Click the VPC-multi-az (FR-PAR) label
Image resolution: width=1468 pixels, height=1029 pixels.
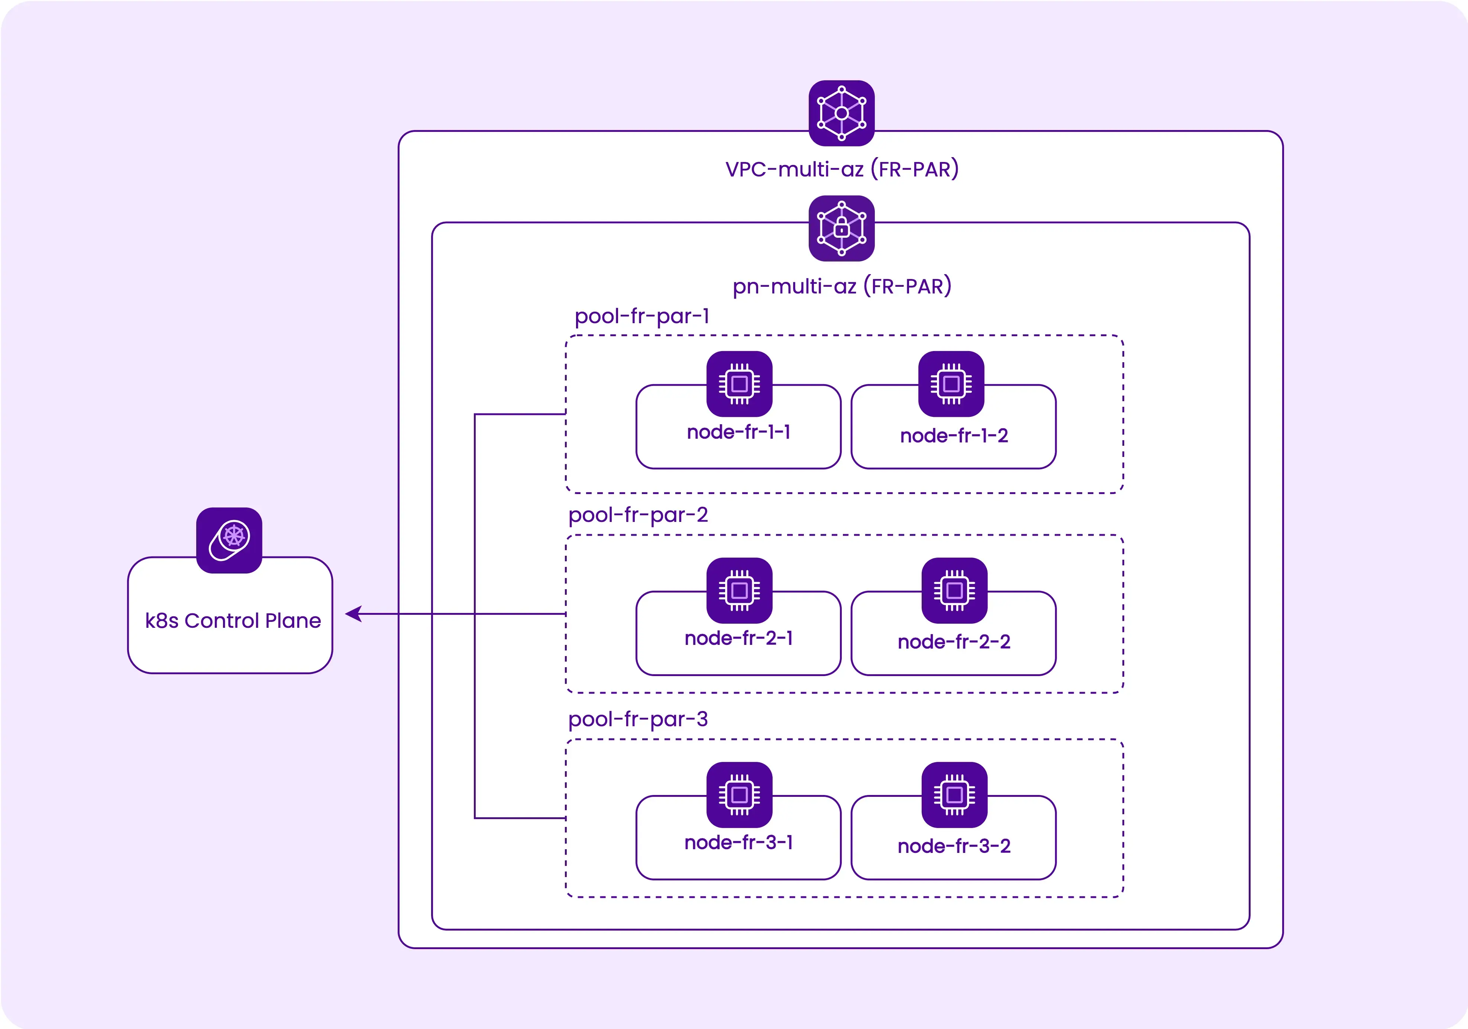pyautogui.click(x=841, y=169)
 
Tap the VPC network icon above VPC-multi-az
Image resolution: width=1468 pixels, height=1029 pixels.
pyautogui.click(x=841, y=113)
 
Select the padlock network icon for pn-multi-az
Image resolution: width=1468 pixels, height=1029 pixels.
pyautogui.click(x=841, y=228)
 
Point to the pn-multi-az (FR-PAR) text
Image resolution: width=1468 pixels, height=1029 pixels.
pyautogui.click(x=841, y=286)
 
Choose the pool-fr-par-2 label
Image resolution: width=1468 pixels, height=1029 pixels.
pyautogui.click(x=638, y=515)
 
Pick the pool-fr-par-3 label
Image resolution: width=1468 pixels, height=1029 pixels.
pyautogui.click(x=638, y=720)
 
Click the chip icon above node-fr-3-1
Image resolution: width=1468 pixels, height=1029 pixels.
pyautogui.click(x=739, y=795)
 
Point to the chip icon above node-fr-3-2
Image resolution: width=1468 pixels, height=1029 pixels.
pyautogui.click(x=954, y=795)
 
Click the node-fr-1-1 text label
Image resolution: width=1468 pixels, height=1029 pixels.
pyautogui.click(x=738, y=433)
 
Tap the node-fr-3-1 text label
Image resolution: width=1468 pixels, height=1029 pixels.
pyautogui.click(x=738, y=843)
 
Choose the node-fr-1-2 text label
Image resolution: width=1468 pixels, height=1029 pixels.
pyautogui.click(x=954, y=436)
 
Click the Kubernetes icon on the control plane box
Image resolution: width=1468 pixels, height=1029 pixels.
pyautogui.click(x=229, y=540)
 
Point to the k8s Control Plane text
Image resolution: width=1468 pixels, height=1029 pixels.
pyautogui.click(x=233, y=621)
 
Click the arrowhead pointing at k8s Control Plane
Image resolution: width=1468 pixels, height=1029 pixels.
pyautogui.click(x=353, y=614)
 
